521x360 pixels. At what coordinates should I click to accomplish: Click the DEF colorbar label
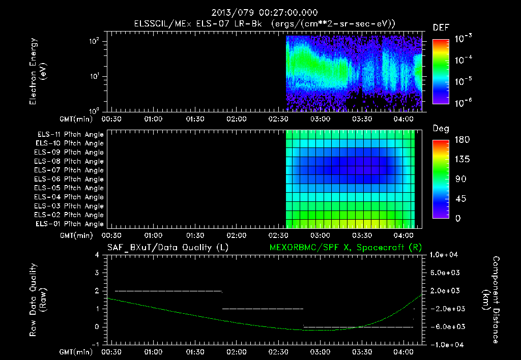pyautogui.click(x=441, y=27)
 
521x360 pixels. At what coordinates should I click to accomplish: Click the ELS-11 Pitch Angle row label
pyautogui.click(x=70, y=134)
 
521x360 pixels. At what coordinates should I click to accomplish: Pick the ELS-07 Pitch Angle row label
pyautogui.click(x=70, y=170)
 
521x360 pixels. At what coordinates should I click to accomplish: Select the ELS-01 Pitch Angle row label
pyautogui.click(x=70, y=224)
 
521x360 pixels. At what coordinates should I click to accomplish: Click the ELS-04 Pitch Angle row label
pyautogui.click(x=70, y=197)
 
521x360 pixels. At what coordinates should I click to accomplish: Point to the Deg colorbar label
pyautogui.click(x=441, y=129)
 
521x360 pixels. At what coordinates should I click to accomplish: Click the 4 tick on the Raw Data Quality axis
pyautogui.click(x=97, y=255)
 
